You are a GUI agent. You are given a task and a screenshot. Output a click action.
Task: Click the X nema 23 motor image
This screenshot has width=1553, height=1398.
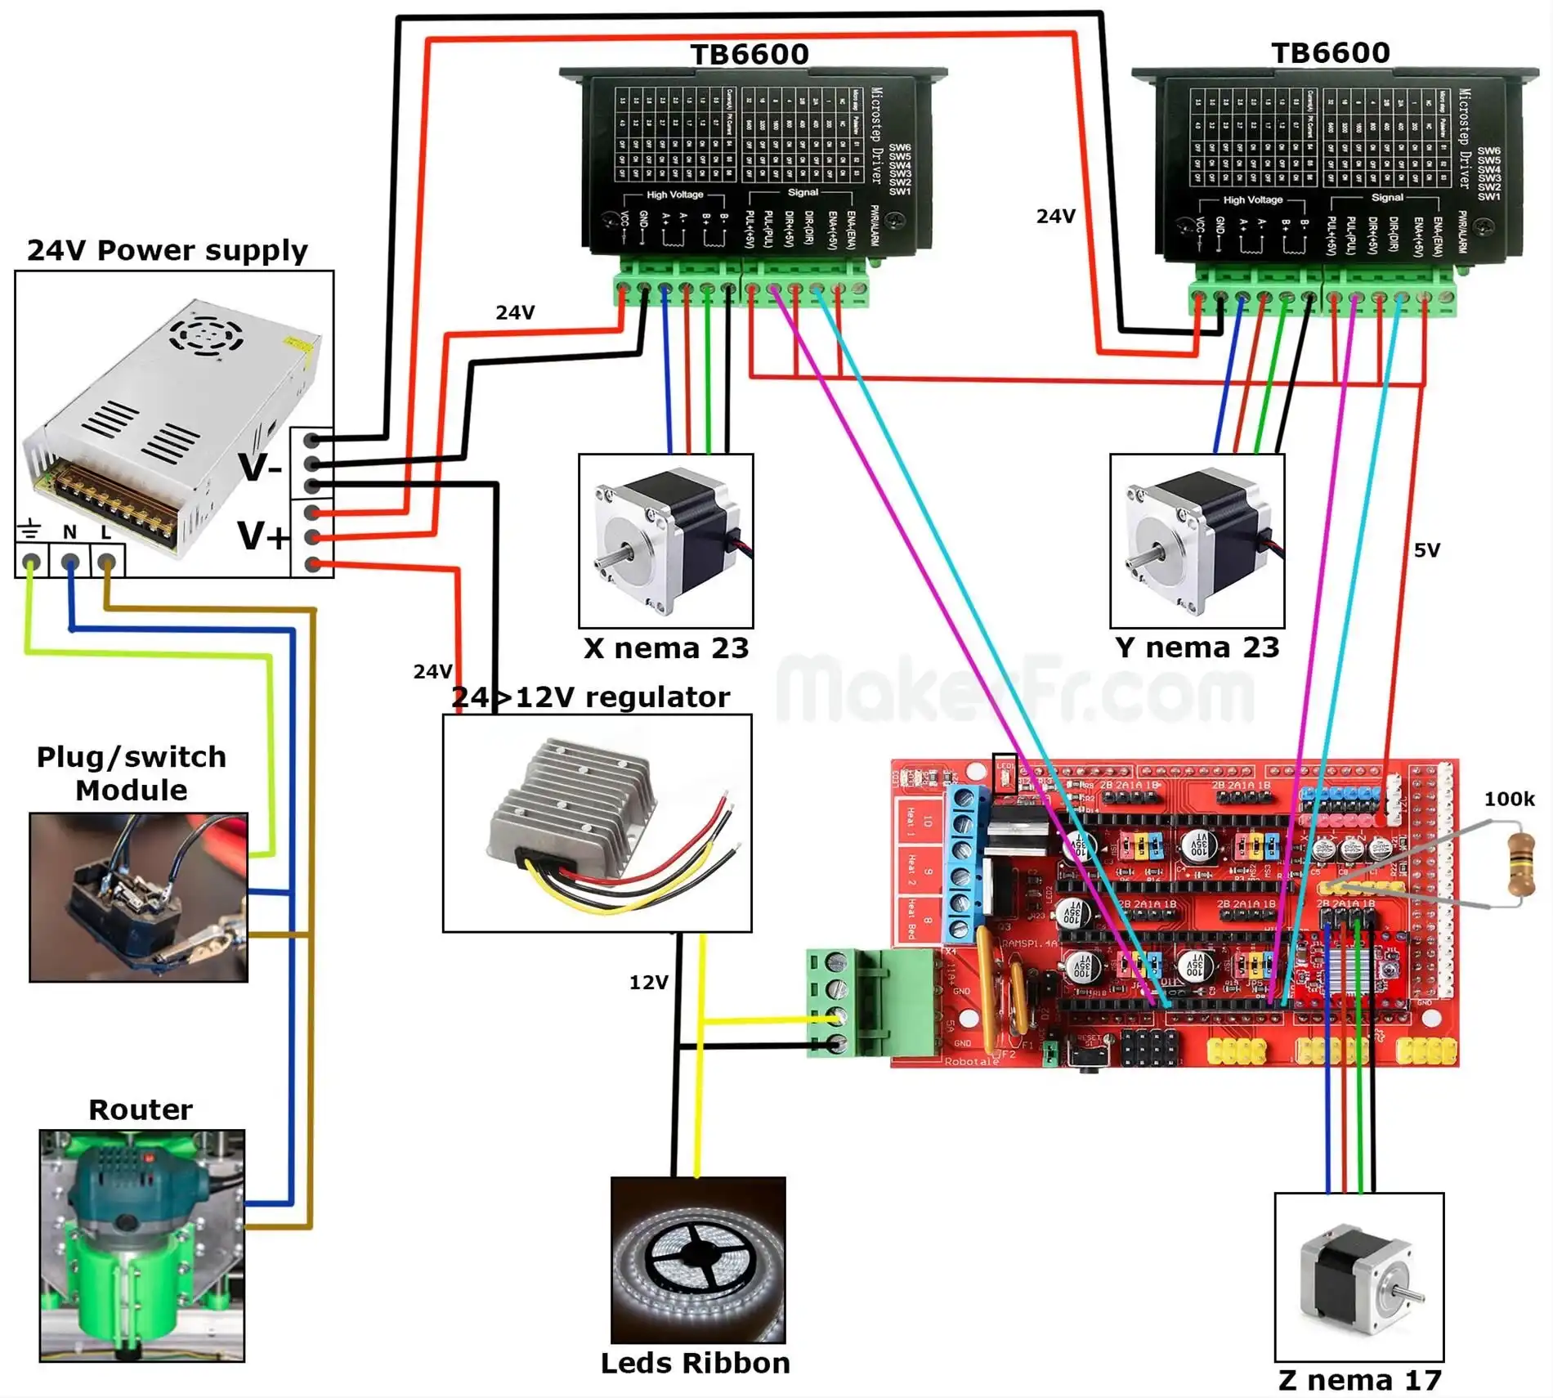click(x=665, y=541)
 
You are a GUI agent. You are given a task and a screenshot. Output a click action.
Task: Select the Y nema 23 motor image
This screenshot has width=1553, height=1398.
click(x=1197, y=541)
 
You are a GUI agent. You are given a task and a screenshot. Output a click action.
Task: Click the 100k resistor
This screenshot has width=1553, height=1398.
click(x=1520, y=863)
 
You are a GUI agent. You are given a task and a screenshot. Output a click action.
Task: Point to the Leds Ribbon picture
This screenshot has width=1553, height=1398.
click(x=698, y=1259)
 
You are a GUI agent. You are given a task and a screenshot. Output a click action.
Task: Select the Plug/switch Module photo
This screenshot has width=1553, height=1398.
click(x=138, y=897)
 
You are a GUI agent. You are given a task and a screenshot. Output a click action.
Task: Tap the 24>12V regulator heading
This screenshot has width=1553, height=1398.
click(x=590, y=697)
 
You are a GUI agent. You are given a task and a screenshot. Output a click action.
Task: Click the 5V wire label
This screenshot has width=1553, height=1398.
click(x=1426, y=550)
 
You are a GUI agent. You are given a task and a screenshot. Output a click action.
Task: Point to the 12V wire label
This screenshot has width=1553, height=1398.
click(x=648, y=982)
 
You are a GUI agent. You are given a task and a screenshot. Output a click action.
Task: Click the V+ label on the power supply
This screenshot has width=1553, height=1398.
click(x=262, y=536)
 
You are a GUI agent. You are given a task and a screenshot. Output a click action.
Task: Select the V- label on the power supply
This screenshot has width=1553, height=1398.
click(x=260, y=468)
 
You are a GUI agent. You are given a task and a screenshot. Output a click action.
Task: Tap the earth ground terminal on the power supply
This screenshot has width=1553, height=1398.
click(x=31, y=562)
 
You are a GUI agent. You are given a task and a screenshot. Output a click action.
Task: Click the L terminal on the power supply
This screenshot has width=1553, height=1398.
click(x=106, y=562)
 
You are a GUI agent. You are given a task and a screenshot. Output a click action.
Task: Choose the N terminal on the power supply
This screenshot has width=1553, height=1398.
click(x=69, y=562)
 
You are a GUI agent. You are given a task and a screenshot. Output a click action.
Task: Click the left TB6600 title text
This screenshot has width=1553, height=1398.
click(x=750, y=54)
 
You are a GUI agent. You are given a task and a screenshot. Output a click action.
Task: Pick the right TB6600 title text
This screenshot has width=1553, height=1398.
click(x=1331, y=52)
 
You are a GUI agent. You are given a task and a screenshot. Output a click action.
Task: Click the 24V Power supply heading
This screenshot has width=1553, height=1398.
click(x=168, y=250)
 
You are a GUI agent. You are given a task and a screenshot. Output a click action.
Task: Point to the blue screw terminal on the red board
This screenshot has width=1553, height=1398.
click(x=964, y=863)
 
